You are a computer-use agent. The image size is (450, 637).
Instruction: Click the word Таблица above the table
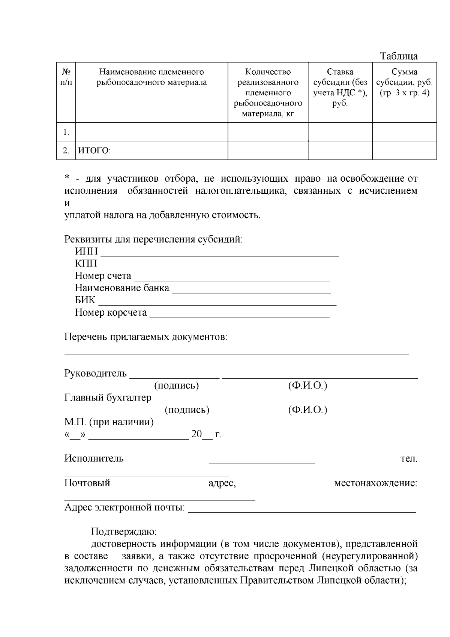(x=399, y=56)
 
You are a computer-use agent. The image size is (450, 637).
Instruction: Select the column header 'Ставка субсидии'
(x=340, y=87)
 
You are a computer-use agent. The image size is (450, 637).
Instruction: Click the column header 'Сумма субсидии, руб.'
(x=404, y=82)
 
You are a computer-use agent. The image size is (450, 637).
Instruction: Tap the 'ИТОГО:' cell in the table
(x=94, y=151)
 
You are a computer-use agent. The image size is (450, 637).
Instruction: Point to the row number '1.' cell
(x=66, y=132)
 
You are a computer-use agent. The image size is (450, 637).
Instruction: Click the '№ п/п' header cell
(x=66, y=77)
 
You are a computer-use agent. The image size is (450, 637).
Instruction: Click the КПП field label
(x=86, y=264)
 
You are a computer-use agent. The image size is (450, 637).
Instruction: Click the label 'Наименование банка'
(x=122, y=288)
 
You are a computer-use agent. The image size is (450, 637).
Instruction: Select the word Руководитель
(x=96, y=374)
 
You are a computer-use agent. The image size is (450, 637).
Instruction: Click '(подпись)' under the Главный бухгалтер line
(x=187, y=410)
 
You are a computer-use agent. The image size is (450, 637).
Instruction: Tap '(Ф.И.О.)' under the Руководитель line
(x=307, y=386)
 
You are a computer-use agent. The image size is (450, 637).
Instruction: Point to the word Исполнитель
(x=94, y=459)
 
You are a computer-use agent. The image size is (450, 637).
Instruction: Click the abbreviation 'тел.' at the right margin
(x=409, y=459)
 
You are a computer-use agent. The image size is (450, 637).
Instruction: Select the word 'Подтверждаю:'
(x=124, y=532)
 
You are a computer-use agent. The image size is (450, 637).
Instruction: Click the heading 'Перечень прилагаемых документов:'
(x=146, y=337)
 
